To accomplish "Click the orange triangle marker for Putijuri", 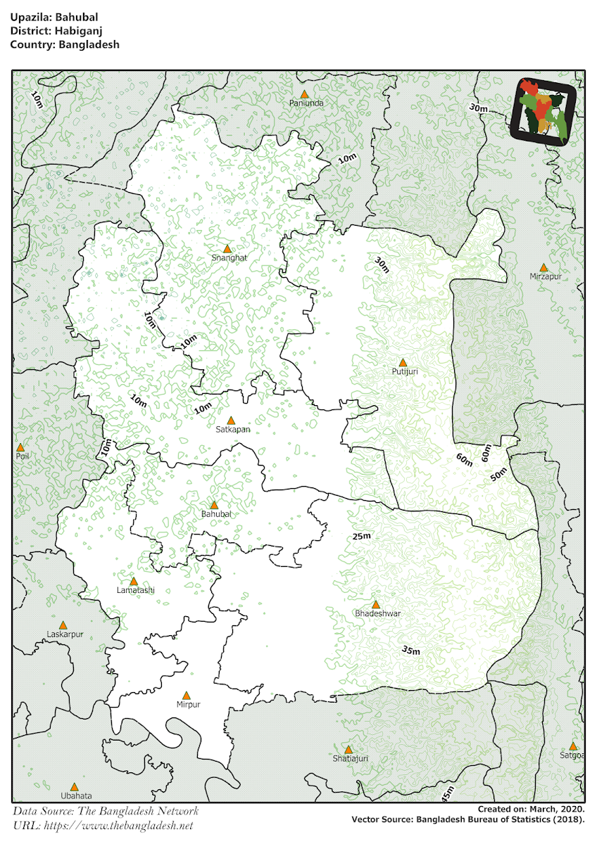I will (x=403, y=362).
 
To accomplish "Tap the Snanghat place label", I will (x=230, y=258).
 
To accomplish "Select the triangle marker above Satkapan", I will (x=230, y=421).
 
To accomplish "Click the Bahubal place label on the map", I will (x=216, y=514).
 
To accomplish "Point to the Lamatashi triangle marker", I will (x=134, y=582).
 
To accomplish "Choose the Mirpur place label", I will (x=189, y=705).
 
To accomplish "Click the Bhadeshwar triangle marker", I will (x=375, y=604).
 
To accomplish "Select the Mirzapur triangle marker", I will (x=543, y=267).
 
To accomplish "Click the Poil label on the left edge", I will (x=23, y=456).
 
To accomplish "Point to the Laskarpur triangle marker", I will (x=63, y=625).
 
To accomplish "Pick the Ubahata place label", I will (x=76, y=796).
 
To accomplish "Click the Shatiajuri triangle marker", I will (x=348, y=750).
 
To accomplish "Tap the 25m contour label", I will (x=361, y=537).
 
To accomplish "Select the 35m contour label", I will (x=410, y=650).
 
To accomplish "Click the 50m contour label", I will (x=498, y=475).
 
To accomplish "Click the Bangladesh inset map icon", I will (x=543, y=110).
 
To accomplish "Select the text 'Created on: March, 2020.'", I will (x=530, y=810).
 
